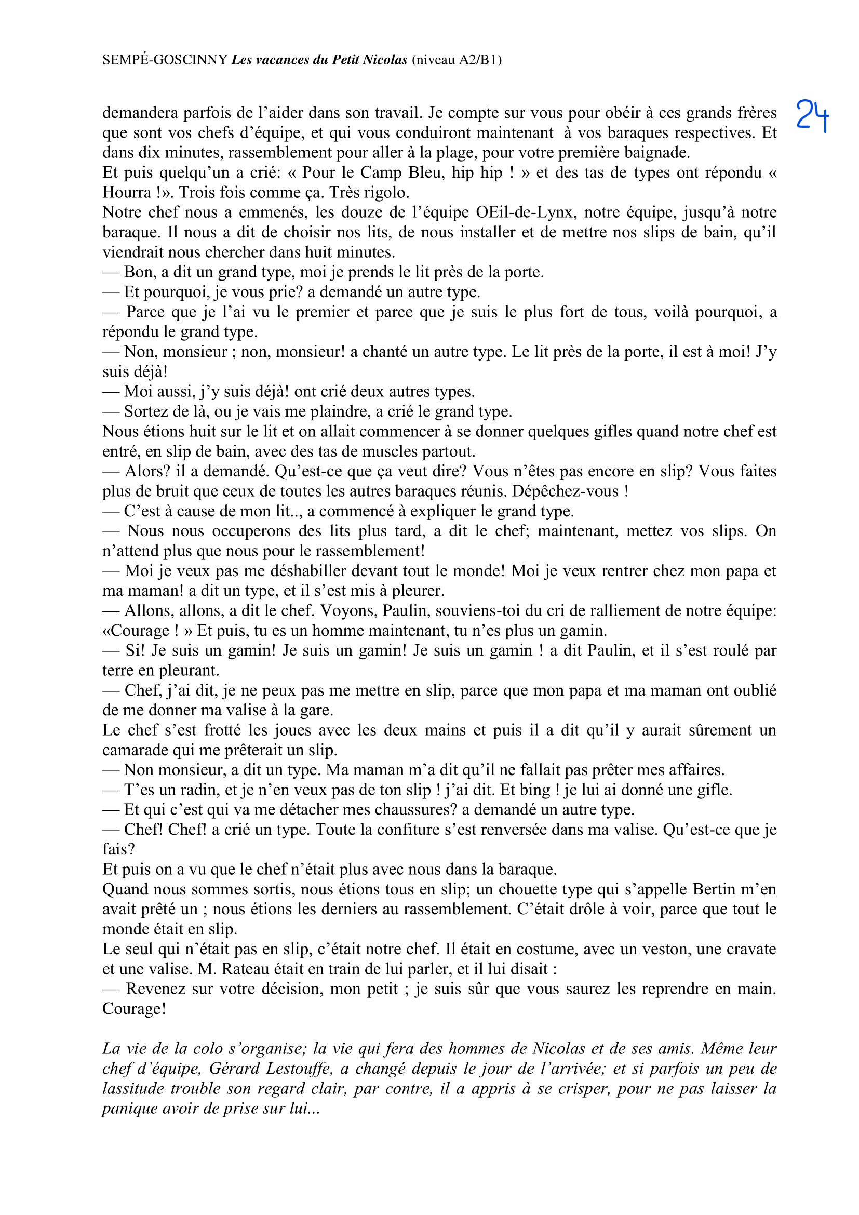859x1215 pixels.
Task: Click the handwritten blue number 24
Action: click(812, 115)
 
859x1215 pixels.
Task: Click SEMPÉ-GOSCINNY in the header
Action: click(165, 60)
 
